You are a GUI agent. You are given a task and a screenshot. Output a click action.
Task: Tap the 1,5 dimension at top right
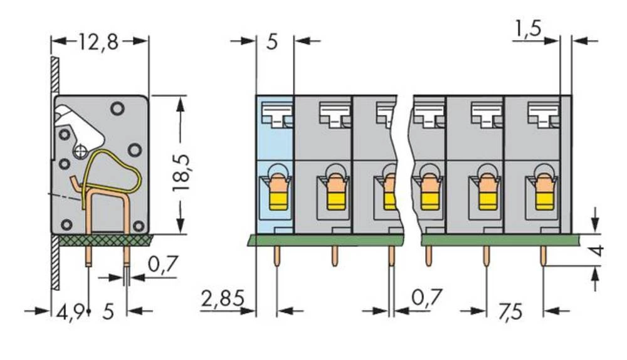pos(528,28)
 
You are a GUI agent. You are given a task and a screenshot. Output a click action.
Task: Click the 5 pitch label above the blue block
pos(272,43)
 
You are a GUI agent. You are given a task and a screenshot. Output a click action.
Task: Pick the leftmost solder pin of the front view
pos(277,257)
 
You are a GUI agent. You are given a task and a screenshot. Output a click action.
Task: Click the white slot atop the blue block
pos(277,114)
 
